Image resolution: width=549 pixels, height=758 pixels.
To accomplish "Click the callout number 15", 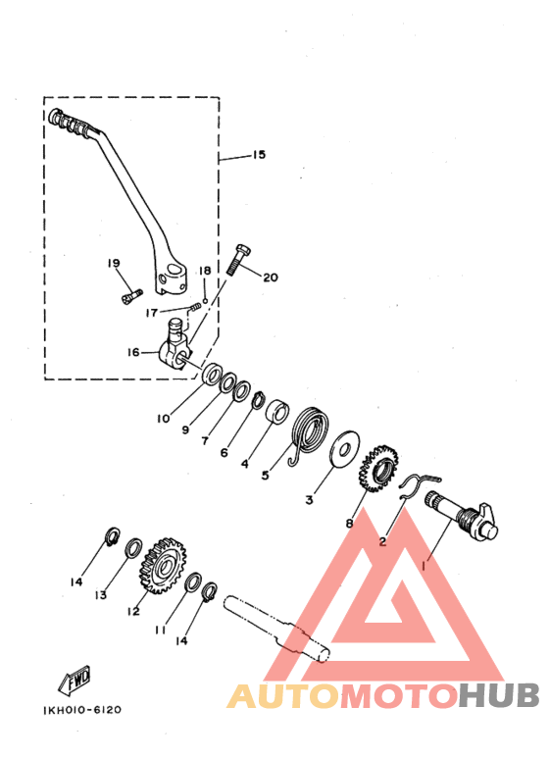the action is [259, 155].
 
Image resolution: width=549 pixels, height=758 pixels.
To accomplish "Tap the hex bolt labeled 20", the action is [239, 260].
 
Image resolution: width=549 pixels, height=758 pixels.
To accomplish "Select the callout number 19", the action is [114, 263].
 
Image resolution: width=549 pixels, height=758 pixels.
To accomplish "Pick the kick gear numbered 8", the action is [378, 468].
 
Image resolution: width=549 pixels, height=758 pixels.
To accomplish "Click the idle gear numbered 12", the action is [166, 565].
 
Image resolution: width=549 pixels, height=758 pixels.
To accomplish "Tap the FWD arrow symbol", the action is [75, 681].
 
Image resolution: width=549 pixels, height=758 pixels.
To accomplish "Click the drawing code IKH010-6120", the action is [82, 710].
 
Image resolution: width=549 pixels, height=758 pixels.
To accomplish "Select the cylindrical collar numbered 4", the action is [277, 412].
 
